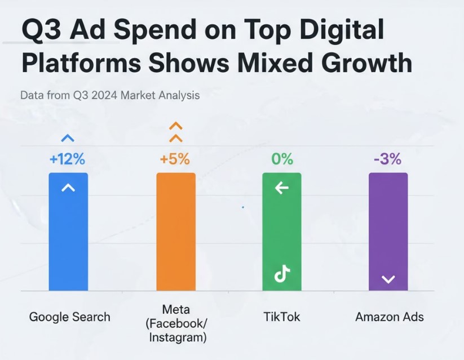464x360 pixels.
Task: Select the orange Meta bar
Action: pos(175,231)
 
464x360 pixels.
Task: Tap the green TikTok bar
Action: pos(282,231)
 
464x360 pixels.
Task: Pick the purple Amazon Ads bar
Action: pos(388,231)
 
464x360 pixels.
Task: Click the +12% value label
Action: pos(67,159)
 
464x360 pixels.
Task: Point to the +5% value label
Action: pos(175,159)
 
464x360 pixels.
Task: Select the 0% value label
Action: pos(282,159)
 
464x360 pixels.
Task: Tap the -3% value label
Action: pos(387,159)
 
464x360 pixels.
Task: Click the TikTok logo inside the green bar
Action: pos(282,274)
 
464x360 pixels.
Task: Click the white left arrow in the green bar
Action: pos(281,188)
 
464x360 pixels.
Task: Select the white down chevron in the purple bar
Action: pos(388,279)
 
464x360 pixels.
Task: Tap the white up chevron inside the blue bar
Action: pos(68,188)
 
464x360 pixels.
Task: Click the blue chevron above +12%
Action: pos(68,138)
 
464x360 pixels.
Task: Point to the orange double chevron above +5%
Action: pos(176,132)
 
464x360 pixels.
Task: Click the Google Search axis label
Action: pos(69,317)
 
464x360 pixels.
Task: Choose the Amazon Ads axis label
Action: pos(388,317)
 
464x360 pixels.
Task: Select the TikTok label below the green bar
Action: pos(282,317)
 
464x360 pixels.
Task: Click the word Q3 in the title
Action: pos(40,30)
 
